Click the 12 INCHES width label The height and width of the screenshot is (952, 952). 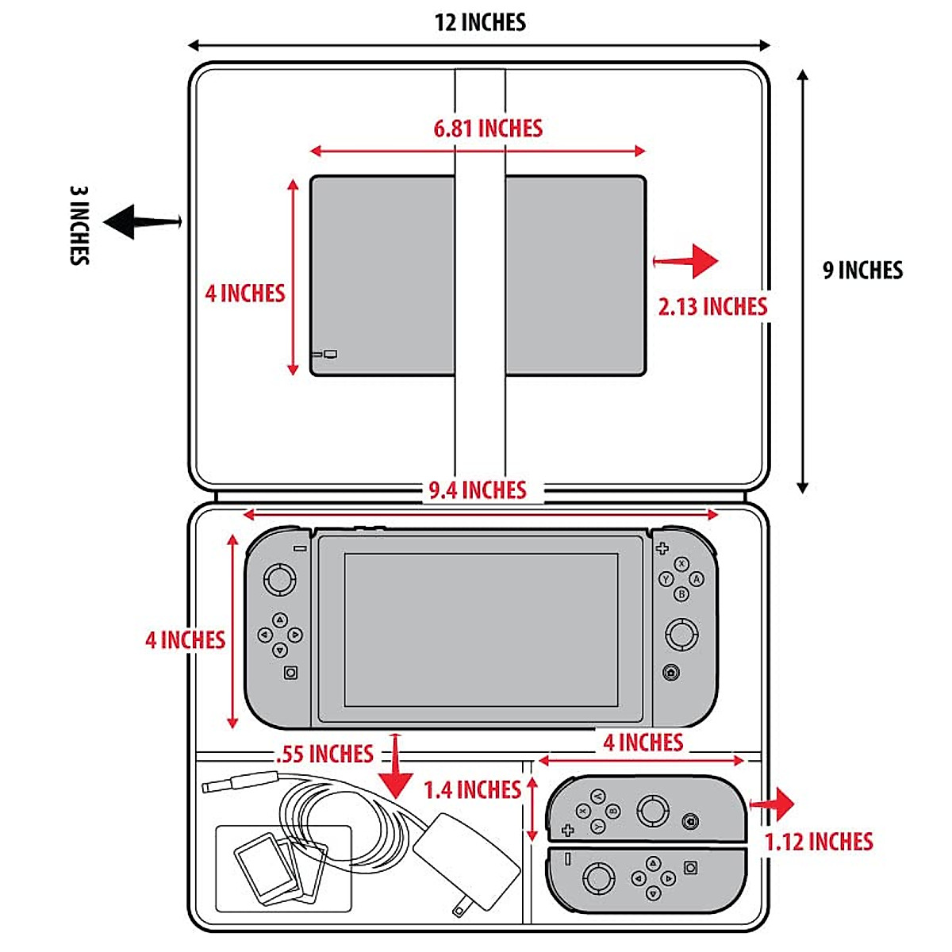[x=480, y=22]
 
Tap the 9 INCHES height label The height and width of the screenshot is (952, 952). [x=862, y=271]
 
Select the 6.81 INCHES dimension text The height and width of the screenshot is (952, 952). [x=488, y=129]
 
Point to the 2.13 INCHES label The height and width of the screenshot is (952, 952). [x=712, y=306]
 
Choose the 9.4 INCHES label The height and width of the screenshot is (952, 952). [x=478, y=490]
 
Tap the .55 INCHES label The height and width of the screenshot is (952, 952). [x=324, y=754]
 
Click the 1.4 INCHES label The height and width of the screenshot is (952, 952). [x=472, y=790]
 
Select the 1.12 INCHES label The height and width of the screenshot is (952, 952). [x=819, y=842]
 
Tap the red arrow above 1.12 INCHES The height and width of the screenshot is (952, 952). [x=773, y=804]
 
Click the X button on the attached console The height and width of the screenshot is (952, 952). [x=681, y=564]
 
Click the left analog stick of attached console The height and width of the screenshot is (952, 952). [x=279, y=578]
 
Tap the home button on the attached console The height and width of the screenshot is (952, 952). [x=671, y=673]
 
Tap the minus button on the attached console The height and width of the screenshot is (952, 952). [x=300, y=548]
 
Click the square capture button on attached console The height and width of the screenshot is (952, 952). [x=291, y=673]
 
